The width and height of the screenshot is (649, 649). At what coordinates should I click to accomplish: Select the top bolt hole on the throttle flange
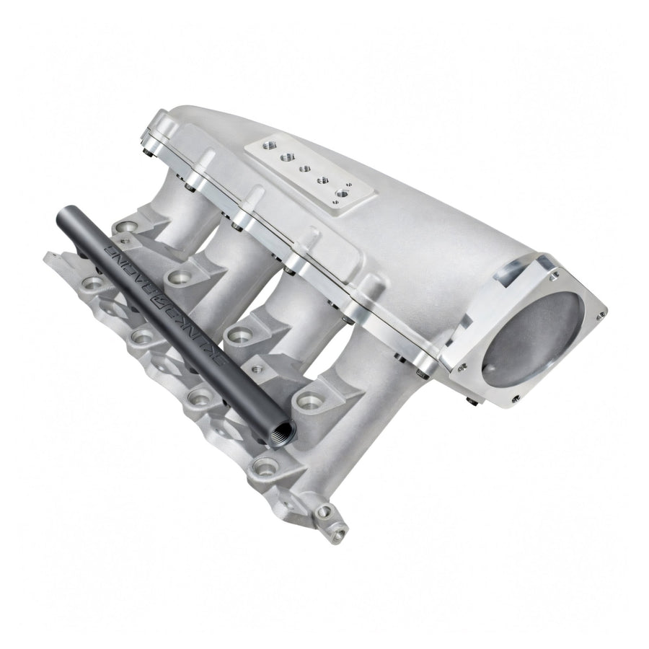point(553,275)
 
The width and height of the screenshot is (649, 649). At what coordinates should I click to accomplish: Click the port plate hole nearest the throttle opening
point(344,193)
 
